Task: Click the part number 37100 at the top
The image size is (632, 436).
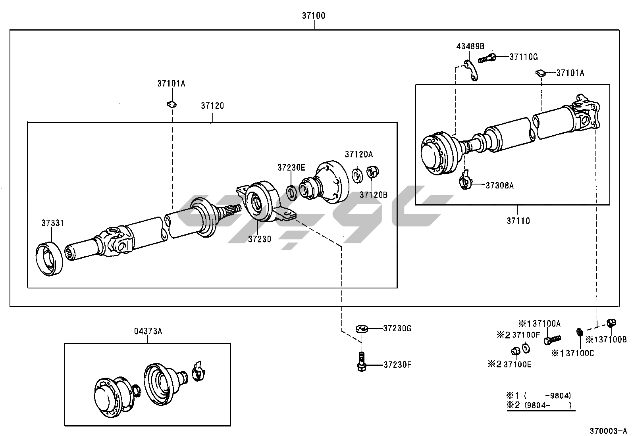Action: click(314, 16)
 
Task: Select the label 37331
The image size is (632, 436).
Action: click(53, 223)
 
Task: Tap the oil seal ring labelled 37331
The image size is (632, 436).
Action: click(49, 259)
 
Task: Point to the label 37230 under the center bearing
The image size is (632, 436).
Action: click(260, 239)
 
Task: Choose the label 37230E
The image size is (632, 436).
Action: click(291, 168)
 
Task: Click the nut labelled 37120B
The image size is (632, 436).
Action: click(373, 172)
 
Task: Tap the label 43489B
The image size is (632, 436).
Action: click(470, 46)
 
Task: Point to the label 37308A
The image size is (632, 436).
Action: click(499, 185)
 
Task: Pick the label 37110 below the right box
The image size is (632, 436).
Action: click(518, 221)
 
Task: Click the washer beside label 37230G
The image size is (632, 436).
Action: click(362, 328)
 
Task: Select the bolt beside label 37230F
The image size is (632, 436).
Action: click(362, 363)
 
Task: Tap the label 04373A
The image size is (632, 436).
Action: click(148, 331)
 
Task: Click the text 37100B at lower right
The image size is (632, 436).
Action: click(613, 340)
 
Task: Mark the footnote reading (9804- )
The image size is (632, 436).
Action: click(547, 405)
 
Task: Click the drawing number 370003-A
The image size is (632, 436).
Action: click(608, 431)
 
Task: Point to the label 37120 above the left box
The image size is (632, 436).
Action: click(212, 106)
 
